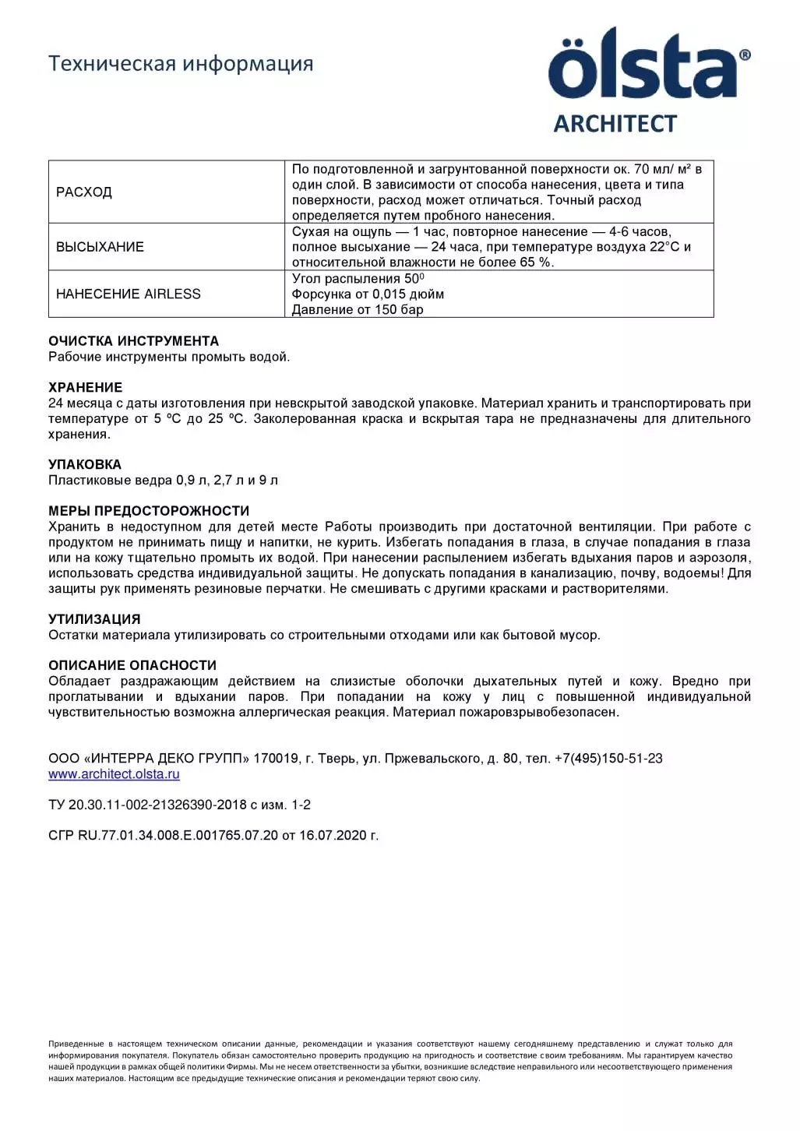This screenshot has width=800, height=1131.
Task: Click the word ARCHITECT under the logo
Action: [615, 124]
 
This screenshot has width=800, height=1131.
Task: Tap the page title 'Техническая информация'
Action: [181, 63]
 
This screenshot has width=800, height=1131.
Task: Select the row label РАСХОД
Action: [84, 192]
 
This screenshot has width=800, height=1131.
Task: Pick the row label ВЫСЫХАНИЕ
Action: [100, 247]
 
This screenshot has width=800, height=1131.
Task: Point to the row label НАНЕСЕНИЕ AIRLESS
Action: [129, 294]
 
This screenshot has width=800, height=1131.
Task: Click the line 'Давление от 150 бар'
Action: [358, 310]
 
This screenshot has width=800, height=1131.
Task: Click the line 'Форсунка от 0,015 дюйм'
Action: [368, 294]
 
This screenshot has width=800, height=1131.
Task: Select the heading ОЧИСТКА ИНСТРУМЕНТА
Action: [133, 341]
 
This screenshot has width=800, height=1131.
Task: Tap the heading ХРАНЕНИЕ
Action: [85, 387]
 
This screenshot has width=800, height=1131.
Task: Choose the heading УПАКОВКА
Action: [85, 464]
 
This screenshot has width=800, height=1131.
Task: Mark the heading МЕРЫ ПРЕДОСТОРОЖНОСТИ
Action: [149, 511]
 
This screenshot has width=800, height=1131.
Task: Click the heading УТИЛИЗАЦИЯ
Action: [94, 619]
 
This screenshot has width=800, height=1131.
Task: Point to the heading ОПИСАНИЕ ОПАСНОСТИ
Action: [132, 665]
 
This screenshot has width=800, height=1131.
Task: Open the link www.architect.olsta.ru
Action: [114, 774]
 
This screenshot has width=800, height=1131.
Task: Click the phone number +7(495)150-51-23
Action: [608, 759]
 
